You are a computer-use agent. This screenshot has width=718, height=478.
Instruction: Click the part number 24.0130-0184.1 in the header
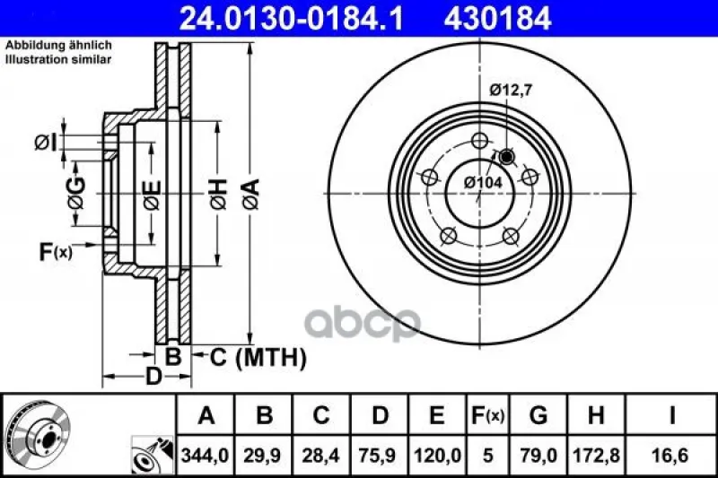point(291,19)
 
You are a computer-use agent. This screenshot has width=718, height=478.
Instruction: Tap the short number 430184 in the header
point(497,19)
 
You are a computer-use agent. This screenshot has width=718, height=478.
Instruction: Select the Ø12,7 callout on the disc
point(511,90)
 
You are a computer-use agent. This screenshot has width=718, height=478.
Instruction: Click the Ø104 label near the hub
point(483,183)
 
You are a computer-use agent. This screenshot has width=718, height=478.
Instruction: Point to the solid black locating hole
point(506,157)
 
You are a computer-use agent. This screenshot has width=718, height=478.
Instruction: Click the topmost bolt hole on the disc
point(479,141)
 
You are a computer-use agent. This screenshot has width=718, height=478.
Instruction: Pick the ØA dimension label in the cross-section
point(251,194)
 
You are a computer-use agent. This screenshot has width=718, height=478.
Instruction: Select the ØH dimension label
point(219,194)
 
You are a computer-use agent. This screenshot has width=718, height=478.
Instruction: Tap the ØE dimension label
point(152,195)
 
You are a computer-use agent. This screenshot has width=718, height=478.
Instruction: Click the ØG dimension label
point(76,194)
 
